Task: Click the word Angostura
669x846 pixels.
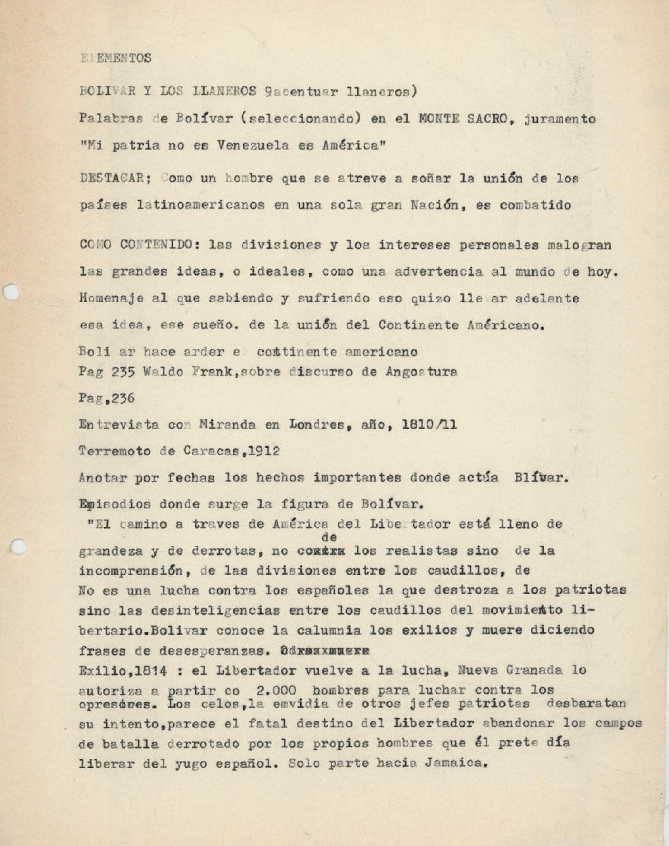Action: [x=421, y=372]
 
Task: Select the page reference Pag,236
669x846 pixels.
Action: [x=107, y=398]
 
